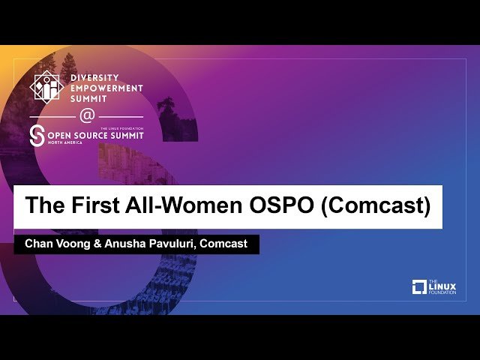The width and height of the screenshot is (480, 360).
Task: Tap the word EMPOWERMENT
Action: [x=107, y=87]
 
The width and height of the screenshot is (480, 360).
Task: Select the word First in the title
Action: [x=94, y=205]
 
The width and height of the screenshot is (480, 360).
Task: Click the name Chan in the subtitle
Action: [x=38, y=244]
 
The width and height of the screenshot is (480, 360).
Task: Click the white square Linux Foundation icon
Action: [x=419, y=286]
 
